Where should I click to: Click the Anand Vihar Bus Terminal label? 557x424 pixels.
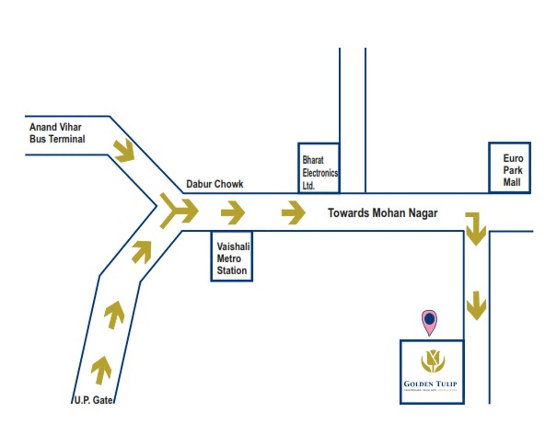57,133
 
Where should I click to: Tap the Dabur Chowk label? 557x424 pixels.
214,184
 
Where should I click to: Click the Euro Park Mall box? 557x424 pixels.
509,168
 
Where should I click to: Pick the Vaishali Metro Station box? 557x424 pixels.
232,256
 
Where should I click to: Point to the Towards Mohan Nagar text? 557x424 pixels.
383,213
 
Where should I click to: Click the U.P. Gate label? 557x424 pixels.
93,400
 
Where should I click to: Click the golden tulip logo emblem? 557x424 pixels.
433,361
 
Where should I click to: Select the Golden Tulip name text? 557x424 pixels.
430,384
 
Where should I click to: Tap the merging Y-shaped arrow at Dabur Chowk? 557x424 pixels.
178,211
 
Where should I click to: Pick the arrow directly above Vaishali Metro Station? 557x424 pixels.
233,213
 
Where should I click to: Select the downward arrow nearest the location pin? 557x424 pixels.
476,305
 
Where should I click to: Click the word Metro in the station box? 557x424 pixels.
229,259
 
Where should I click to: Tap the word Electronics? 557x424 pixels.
320,173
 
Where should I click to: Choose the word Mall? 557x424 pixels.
512,182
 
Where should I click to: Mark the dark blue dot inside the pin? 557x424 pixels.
430,319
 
